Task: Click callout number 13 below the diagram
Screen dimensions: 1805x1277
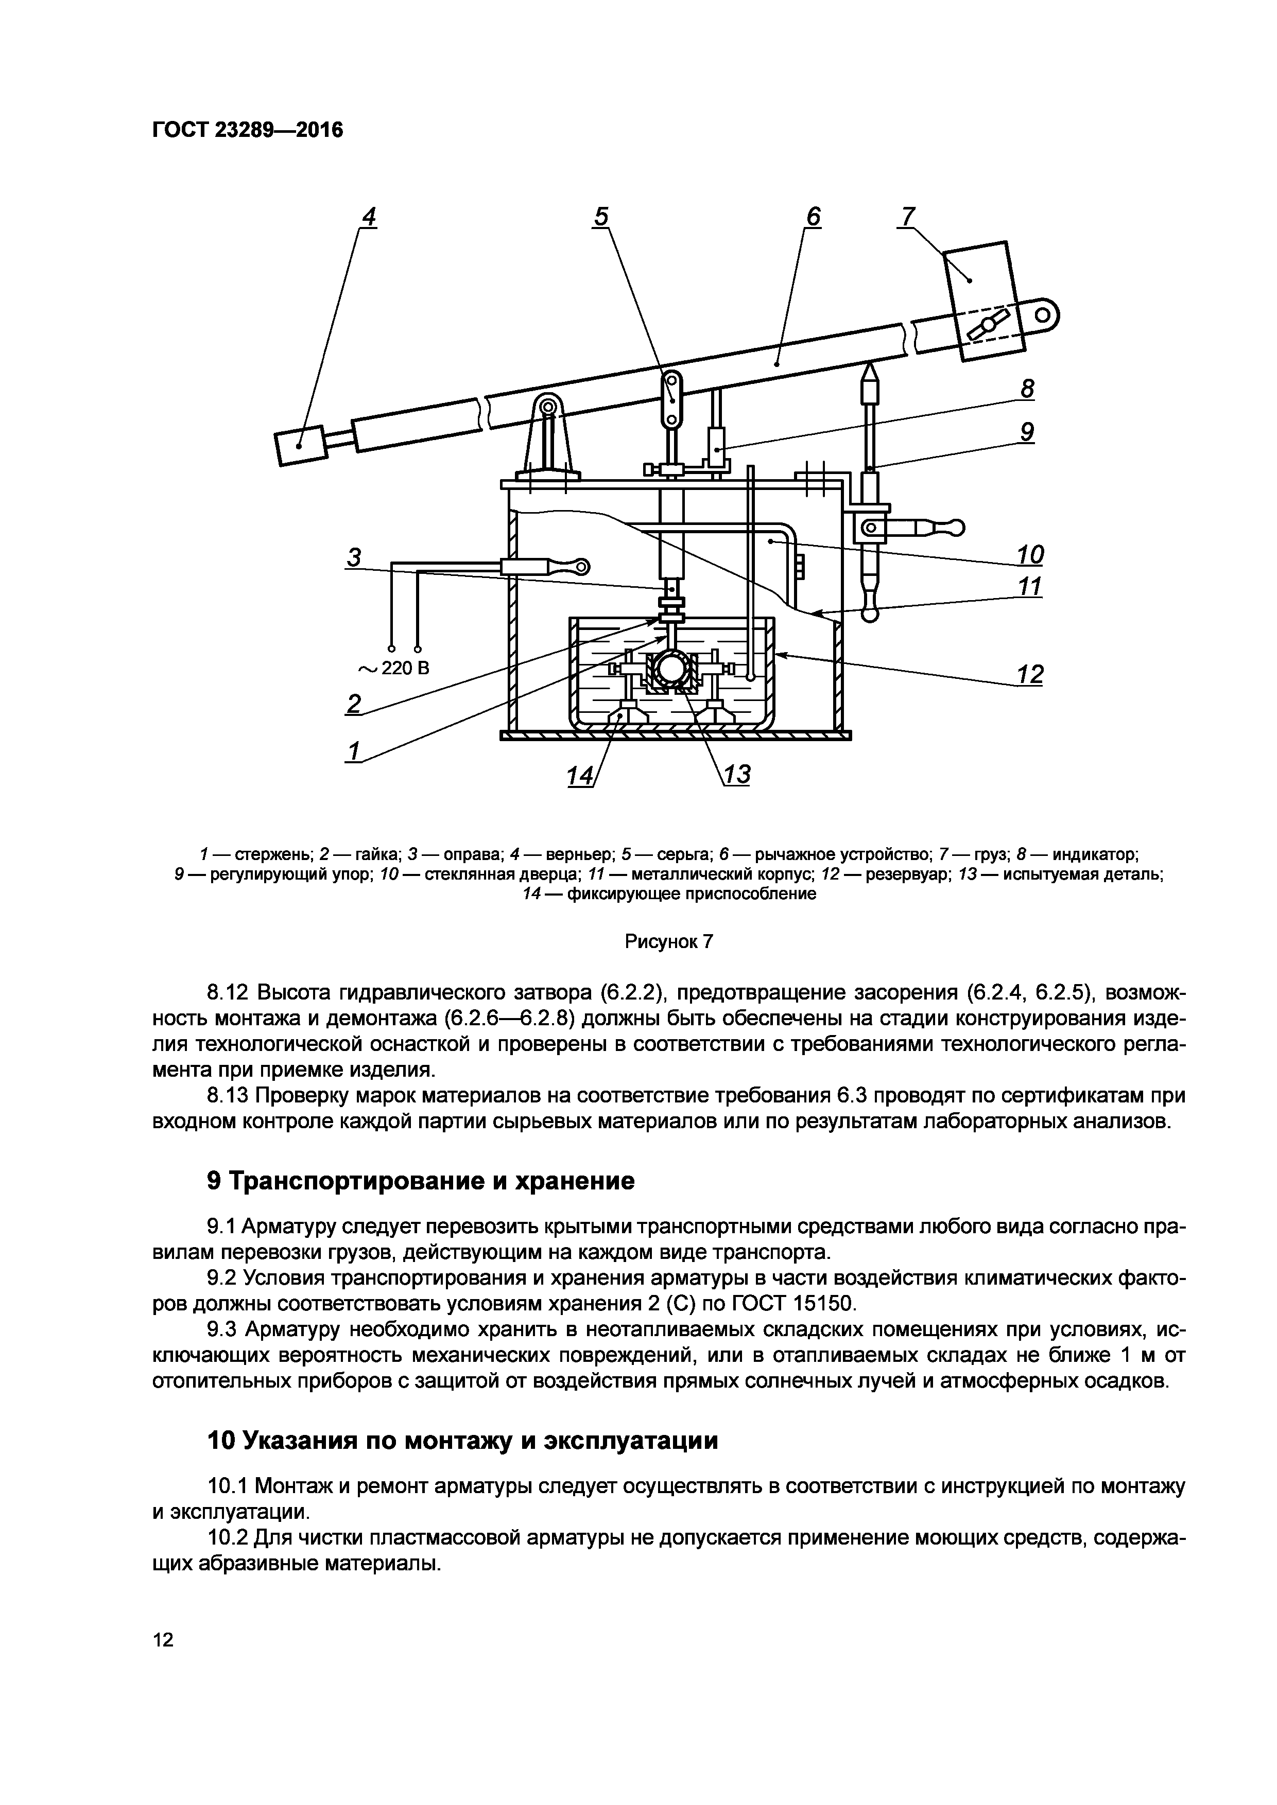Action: [x=737, y=775]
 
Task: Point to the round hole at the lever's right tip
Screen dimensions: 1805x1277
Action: [x=1043, y=316]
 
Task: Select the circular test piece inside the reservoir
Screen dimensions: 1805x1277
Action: [x=671, y=669]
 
